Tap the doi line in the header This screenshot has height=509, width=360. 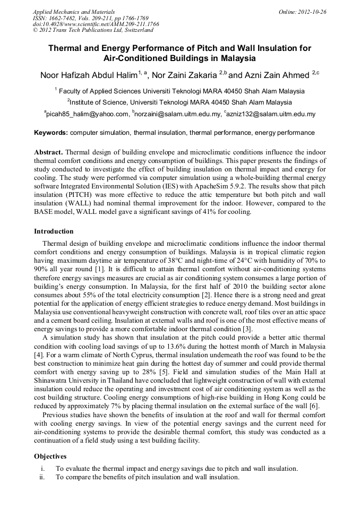pyautogui.click(x=96, y=24)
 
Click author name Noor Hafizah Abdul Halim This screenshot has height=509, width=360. pyautogui.click(x=88, y=75)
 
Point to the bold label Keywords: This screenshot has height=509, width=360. pyautogui.click(x=51, y=133)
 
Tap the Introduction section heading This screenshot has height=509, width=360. pyautogui.click(x=54, y=231)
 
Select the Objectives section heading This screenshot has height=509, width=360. pyautogui.click(x=50, y=456)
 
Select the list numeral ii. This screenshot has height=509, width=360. pyautogui.click(x=42, y=477)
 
